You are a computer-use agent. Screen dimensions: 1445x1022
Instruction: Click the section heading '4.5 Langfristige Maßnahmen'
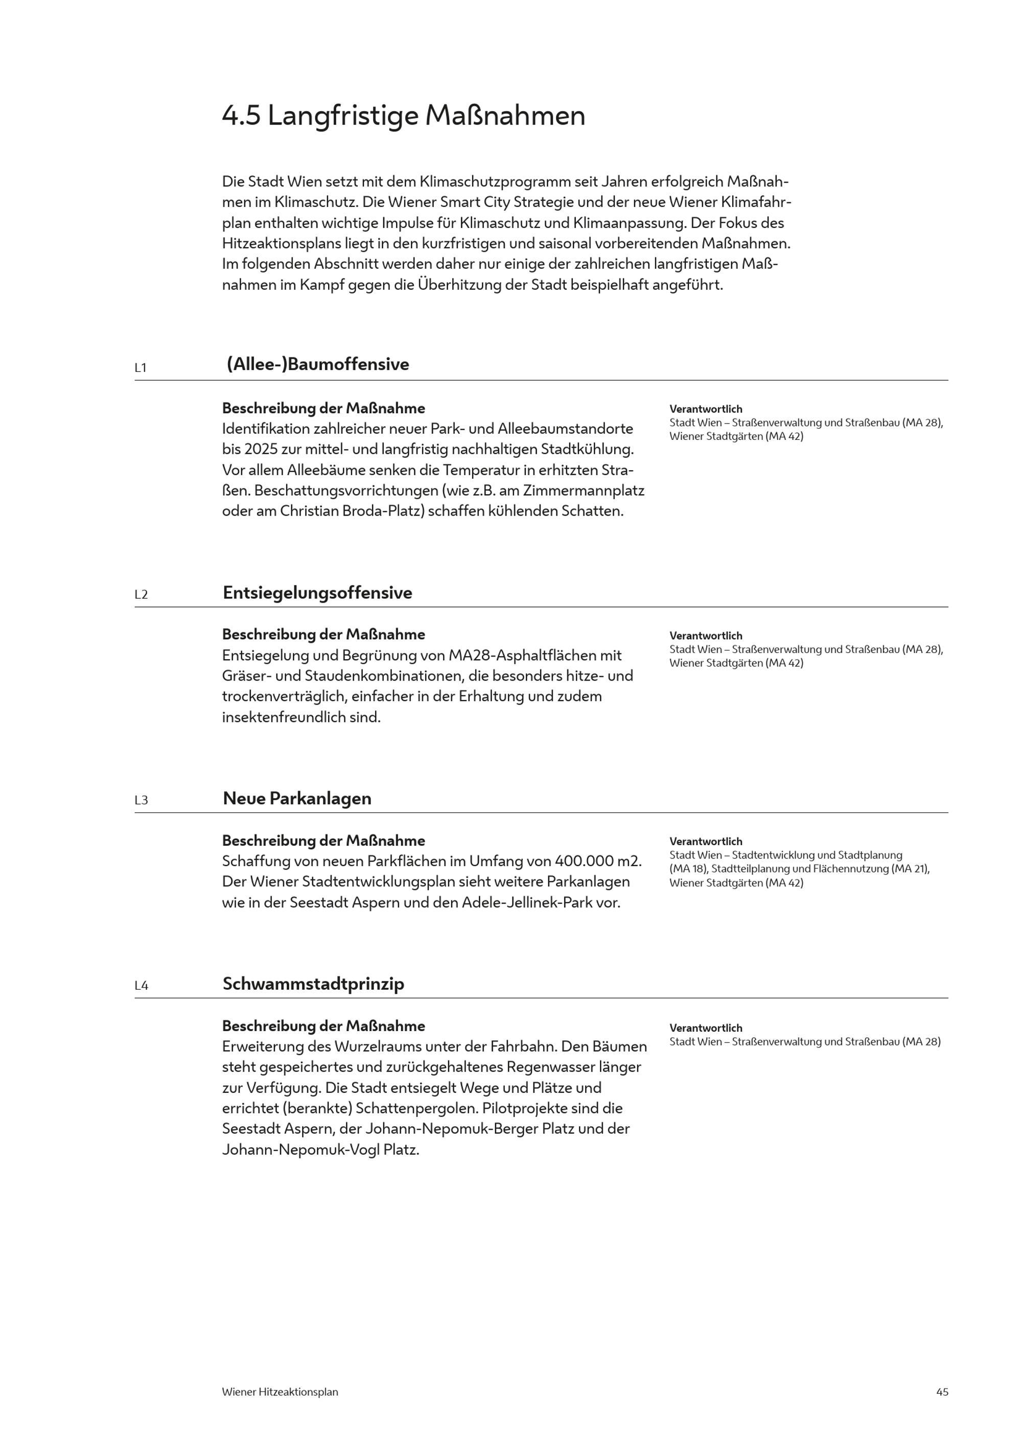(403, 116)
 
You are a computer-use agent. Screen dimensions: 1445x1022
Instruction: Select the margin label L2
(141, 595)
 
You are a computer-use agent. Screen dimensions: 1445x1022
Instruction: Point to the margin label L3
(141, 801)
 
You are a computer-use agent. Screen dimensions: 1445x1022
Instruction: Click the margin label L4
(141, 986)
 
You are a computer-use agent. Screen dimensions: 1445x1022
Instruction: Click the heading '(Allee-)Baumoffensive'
(318, 364)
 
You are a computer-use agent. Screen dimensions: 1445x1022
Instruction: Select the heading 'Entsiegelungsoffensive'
(317, 593)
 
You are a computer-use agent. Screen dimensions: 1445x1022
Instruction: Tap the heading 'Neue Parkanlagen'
(297, 799)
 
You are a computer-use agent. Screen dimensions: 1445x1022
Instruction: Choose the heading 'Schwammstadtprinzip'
(313, 984)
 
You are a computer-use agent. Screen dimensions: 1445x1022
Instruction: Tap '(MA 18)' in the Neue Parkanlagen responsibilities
(688, 869)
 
